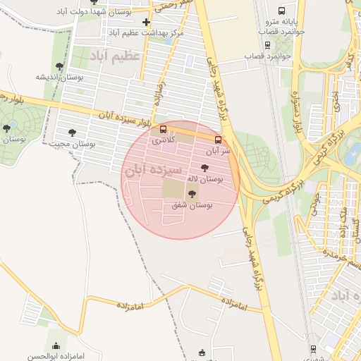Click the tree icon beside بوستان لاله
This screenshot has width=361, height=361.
(205, 168)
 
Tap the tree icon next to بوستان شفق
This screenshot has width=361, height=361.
(192, 193)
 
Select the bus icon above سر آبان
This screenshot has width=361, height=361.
(218, 140)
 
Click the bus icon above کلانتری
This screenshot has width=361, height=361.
(164, 129)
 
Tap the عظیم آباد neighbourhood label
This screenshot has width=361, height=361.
(114, 56)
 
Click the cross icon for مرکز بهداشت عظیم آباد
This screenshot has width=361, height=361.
(146, 23)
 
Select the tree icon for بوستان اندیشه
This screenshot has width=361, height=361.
(59, 66)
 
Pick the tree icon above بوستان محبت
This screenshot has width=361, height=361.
(72, 132)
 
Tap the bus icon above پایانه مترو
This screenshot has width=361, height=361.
(282, 11)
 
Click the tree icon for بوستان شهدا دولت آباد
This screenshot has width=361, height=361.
(94, 2)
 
